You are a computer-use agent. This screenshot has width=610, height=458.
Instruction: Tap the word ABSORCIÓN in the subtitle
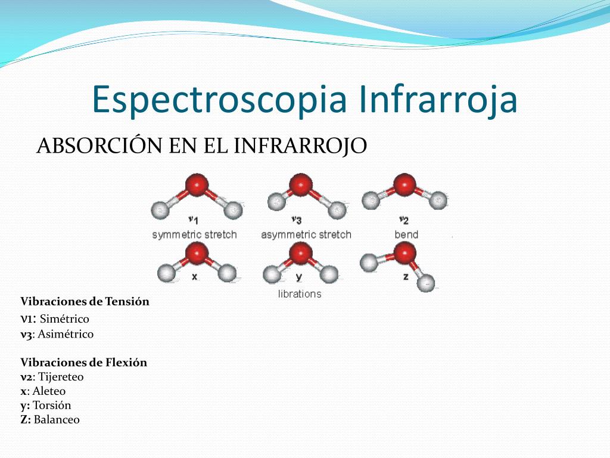coord(95,146)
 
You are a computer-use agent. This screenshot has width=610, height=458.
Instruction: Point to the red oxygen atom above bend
coord(405,184)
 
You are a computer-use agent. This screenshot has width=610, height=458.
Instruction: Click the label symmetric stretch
coord(194,234)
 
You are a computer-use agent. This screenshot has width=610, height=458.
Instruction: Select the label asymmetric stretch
coord(306,234)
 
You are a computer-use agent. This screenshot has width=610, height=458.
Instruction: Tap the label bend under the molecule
coord(406,234)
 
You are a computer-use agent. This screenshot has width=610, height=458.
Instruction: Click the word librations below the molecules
coord(300,294)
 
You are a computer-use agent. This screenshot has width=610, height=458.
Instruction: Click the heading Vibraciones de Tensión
coord(85,301)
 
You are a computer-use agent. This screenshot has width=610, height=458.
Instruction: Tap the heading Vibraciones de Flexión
coord(83,362)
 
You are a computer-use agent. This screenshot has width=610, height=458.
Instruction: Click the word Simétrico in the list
coord(64,319)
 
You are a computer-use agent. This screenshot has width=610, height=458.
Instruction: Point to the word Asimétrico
coord(66,334)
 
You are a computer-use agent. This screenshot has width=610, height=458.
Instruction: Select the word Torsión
coord(52,406)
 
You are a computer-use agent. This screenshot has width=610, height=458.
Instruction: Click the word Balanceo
coord(57,420)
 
